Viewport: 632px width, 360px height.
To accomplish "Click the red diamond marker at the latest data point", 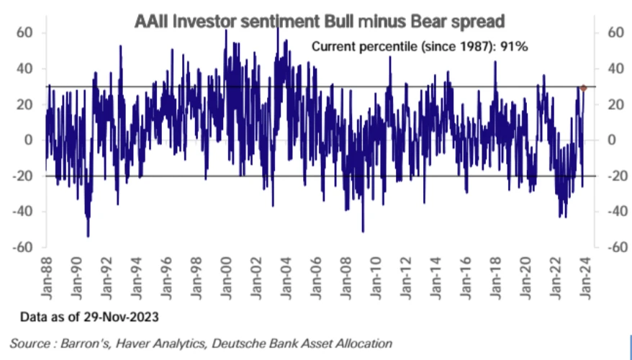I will (583, 88).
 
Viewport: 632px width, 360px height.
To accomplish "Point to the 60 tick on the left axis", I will (25, 32).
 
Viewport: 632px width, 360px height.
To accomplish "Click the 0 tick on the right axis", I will (612, 140).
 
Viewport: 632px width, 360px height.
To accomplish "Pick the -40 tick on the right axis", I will (614, 211).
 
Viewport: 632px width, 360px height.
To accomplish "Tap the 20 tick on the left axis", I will (25, 104).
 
